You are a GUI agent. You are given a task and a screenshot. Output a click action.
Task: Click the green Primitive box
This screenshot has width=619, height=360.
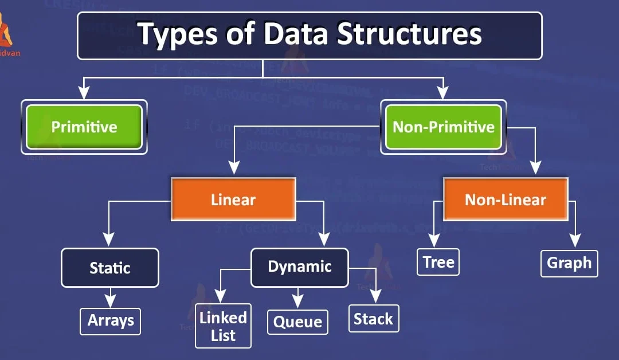click(x=84, y=127)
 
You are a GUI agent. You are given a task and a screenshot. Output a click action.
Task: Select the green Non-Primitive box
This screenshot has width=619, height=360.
click(x=443, y=127)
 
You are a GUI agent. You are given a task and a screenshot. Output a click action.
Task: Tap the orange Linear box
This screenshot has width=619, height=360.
click(x=233, y=199)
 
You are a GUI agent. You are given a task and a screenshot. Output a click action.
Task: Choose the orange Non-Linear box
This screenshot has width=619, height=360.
click(x=505, y=199)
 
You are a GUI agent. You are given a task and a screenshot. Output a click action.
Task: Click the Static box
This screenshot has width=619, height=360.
click(x=110, y=268)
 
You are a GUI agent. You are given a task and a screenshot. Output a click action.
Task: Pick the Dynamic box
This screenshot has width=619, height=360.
click(x=300, y=267)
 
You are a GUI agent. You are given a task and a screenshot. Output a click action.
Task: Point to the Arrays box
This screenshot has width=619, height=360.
click(x=111, y=321)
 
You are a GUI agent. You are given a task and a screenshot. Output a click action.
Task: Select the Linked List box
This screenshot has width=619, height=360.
click(x=223, y=326)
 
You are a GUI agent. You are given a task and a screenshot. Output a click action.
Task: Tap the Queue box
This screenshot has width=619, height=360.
click(x=298, y=322)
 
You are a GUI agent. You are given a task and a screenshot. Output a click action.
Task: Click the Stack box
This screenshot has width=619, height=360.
click(x=373, y=319)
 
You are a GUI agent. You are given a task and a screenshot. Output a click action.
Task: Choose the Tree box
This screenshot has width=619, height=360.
click(x=438, y=262)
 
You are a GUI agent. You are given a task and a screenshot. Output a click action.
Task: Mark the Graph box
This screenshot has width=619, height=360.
click(x=569, y=263)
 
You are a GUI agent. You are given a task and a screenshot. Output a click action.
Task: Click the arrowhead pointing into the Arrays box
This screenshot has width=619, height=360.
click(x=111, y=302)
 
